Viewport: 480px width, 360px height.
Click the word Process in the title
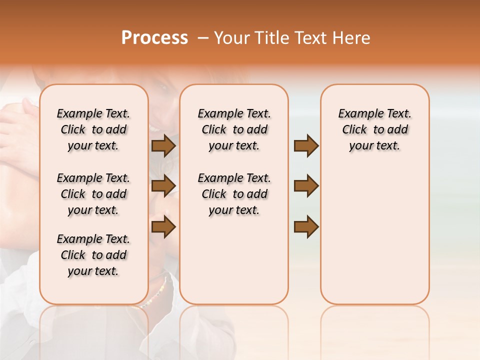pos(154,38)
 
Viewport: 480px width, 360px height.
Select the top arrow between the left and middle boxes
pos(163,145)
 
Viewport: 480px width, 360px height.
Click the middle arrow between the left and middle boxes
pos(163,186)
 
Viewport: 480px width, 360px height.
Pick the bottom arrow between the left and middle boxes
pos(163,226)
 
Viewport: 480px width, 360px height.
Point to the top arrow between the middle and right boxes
pos(306,145)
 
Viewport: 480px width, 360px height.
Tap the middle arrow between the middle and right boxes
pos(306,186)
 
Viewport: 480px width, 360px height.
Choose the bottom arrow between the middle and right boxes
pos(306,226)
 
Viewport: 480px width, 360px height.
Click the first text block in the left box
pos(93,129)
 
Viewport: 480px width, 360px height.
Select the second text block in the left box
pos(93,194)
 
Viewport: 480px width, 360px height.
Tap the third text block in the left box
pos(93,255)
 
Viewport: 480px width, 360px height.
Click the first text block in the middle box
pos(234,129)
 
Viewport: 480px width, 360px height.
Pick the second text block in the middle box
pos(234,194)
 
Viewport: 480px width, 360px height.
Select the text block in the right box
pos(374,129)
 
